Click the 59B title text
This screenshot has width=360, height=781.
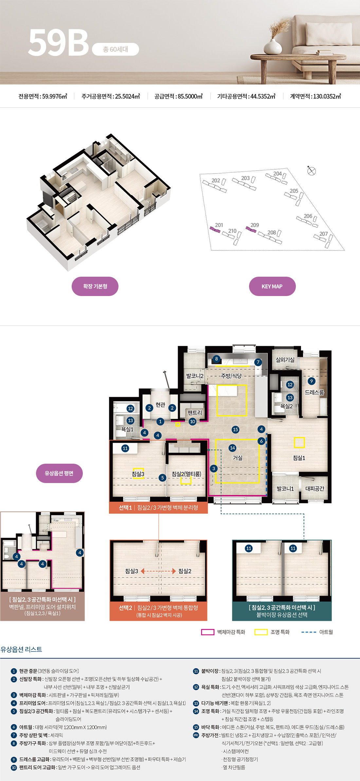(x=59, y=43)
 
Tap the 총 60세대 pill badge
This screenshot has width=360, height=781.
(x=116, y=49)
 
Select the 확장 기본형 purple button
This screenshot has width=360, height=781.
(x=95, y=287)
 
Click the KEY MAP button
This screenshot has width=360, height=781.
(x=272, y=287)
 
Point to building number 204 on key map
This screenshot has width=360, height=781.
(x=278, y=174)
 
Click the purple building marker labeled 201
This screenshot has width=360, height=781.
(x=215, y=230)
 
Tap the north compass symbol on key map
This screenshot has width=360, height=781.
(x=312, y=171)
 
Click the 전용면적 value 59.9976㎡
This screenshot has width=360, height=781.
(x=55, y=96)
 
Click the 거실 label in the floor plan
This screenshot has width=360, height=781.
(x=238, y=458)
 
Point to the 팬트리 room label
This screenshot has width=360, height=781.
(x=195, y=413)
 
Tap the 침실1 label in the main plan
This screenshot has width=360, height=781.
(x=299, y=458)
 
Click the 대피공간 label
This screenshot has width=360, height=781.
(x=315, y=489)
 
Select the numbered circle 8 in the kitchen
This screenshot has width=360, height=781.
(x=216, y=359)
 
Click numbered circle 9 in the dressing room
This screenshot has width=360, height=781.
(x=312, y=381)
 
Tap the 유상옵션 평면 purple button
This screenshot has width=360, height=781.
(x=59, y=473)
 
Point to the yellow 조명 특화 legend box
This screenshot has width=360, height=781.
(x=261, y=632)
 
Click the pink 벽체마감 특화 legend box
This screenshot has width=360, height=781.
(x=208, y=632)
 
